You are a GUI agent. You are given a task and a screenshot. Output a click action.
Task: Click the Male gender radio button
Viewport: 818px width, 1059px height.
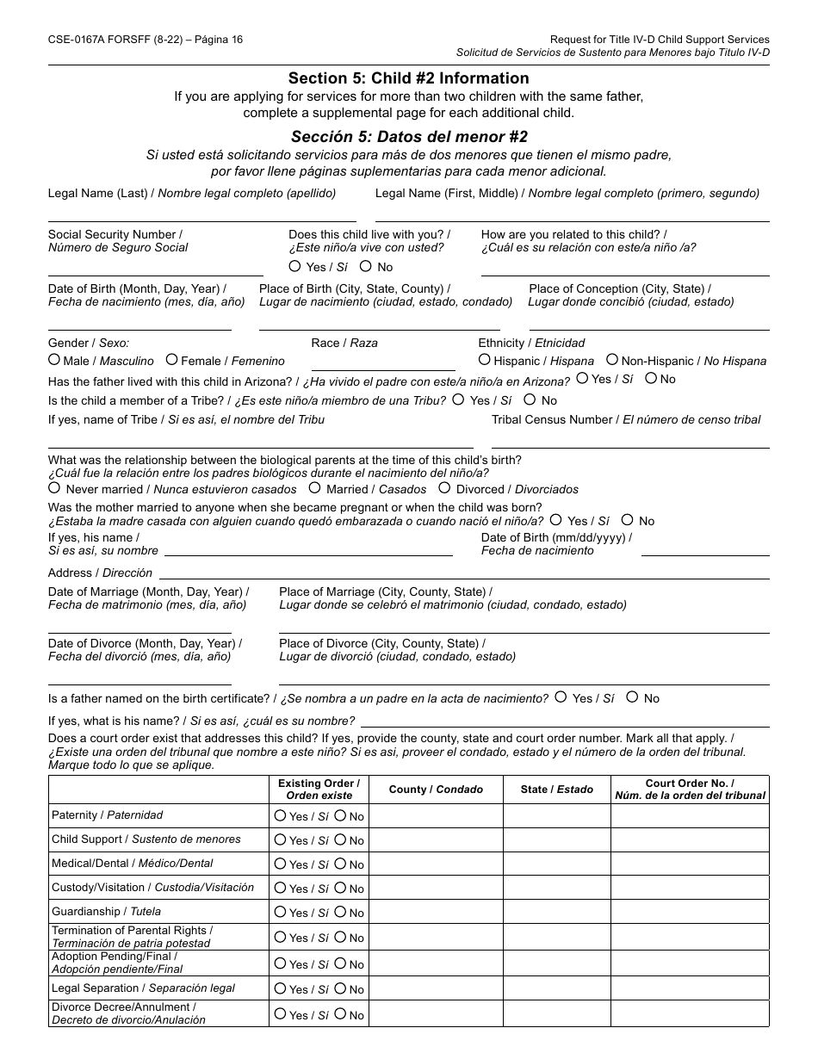tap(54, 360)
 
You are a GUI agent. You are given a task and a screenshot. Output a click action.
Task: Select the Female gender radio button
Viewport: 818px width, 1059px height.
tap(172, 360)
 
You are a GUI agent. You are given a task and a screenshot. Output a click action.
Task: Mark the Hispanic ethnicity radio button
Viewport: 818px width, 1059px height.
tap(485, 360)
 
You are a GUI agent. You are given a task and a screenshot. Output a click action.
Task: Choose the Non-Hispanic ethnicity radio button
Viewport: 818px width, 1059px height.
tap(612, 360)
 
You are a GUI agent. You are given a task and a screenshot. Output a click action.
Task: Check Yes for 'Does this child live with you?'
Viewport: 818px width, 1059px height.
tap(295, 267)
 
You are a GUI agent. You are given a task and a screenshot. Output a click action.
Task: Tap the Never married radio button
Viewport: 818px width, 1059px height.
tap(54, 488)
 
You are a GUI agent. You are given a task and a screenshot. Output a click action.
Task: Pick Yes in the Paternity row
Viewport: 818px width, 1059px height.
tap(280, 815)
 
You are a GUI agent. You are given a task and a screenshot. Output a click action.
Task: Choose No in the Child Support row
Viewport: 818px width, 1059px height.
tap(340, 839)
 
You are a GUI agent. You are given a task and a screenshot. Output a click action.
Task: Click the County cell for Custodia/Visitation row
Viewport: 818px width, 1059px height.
tap(436, 888)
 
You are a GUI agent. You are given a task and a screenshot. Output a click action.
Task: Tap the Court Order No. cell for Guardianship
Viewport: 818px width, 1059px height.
tap(689, 912)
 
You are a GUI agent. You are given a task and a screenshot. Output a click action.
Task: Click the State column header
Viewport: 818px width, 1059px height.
tap(556, 790)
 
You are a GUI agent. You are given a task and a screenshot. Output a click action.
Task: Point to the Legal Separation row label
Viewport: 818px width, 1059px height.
tap(143, 988)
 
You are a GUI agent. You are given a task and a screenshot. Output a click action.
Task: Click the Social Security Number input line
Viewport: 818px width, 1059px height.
tap(155, 274)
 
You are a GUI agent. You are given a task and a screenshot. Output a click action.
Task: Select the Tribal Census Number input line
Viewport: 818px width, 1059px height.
tap(629, 446)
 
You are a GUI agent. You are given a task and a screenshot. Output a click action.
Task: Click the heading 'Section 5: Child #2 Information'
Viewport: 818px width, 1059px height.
tap(409, 78)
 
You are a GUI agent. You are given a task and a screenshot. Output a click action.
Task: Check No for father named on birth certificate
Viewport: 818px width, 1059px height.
tap(633, 697)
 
